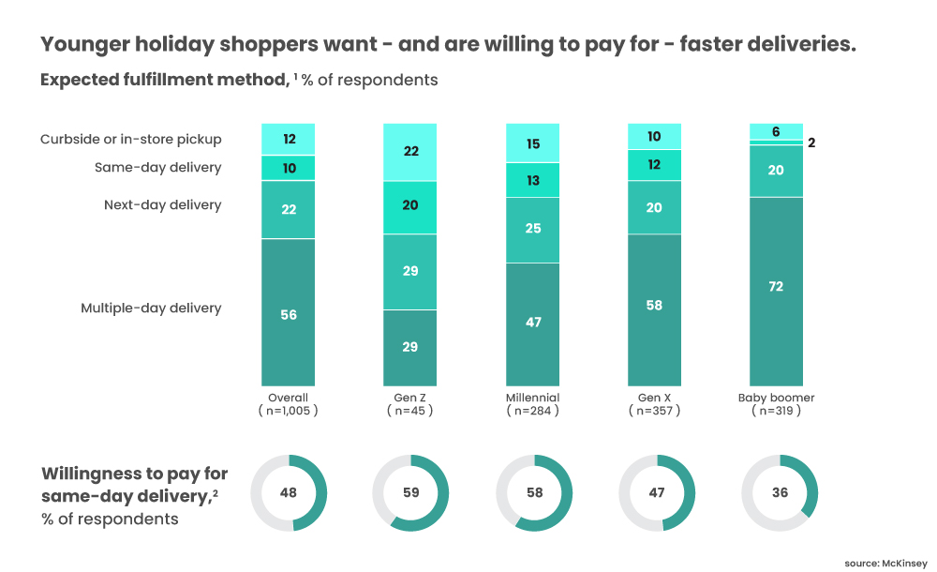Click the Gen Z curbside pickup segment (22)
410,152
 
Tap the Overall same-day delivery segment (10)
289,168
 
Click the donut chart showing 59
410,493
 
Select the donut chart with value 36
780,493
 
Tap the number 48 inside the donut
289,493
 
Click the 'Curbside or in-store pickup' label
131,140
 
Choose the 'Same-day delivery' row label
157,168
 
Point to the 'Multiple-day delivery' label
151,309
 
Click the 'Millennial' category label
532,398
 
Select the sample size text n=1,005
289,411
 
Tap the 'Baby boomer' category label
776,398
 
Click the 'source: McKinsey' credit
885,562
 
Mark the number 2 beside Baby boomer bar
812,143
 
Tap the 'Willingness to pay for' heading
134,474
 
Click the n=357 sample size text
654,411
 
